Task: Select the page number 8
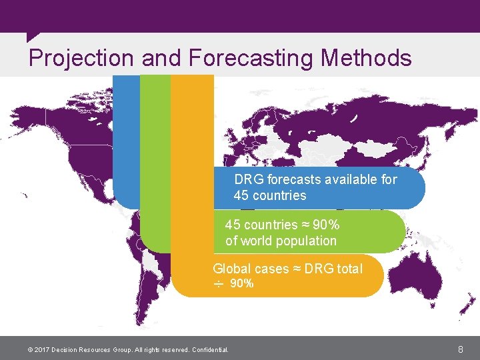tap(461, 349)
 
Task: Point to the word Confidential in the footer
tap(209, 349)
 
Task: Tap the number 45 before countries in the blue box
tap(241, 195)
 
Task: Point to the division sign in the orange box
tap(218, 284)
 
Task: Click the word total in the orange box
tap(349, 269)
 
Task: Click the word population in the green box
tap(309, 241)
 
